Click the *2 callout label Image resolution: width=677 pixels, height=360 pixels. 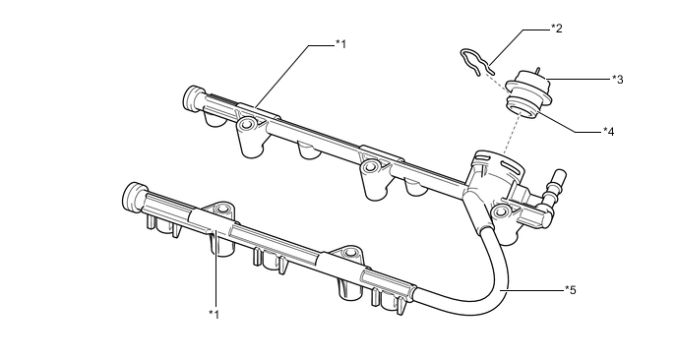coord(556,29)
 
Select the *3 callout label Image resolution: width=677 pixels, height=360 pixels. coord(617,79)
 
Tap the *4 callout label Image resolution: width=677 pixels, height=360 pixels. coord(609,130)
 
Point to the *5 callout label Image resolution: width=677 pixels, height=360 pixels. coord(570,289)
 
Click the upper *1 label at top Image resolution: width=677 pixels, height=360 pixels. coord(340,43)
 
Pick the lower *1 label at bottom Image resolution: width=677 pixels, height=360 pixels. coord(214,313)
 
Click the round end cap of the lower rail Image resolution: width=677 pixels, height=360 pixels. coord(132,196)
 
